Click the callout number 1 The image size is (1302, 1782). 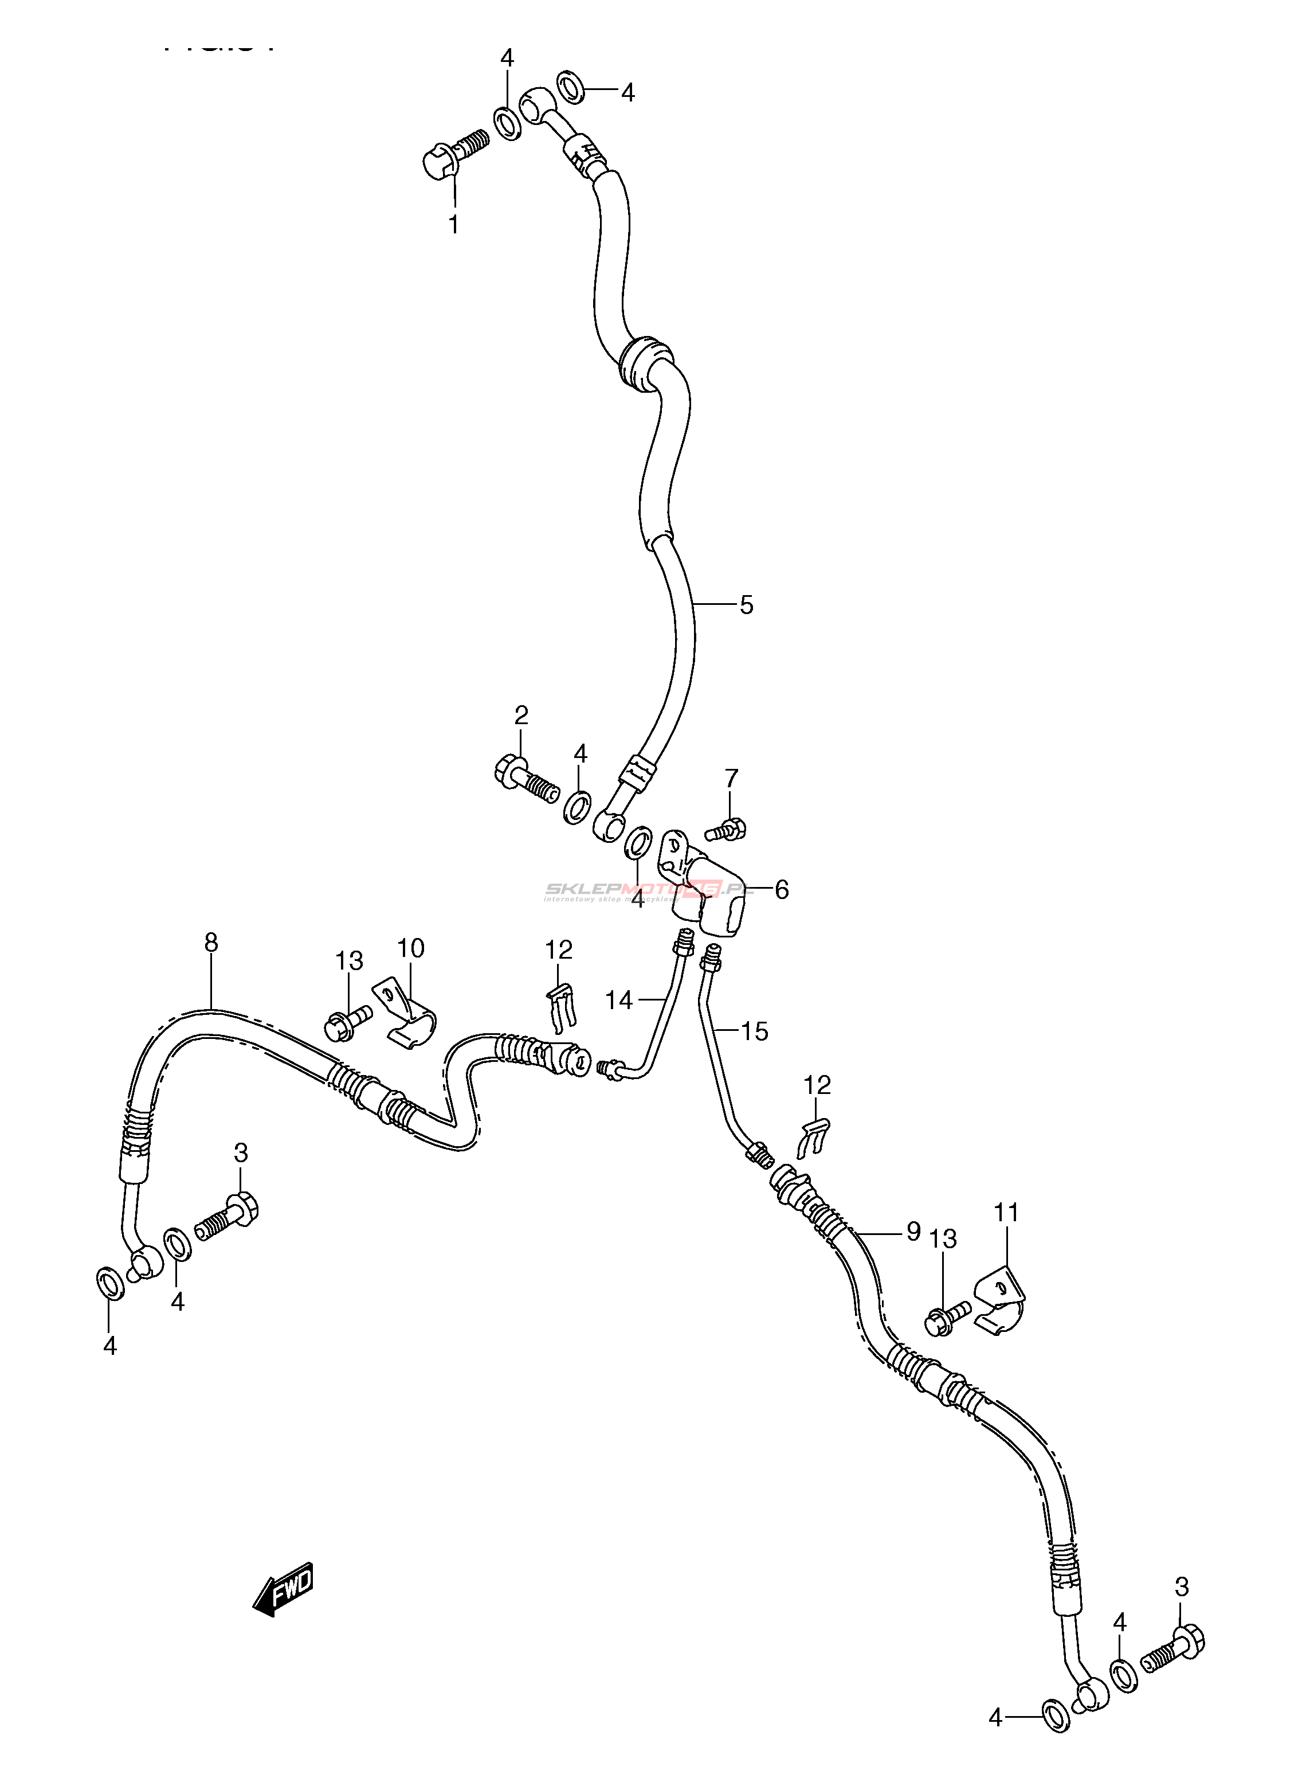(453, 225)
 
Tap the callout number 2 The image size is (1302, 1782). (521, 716)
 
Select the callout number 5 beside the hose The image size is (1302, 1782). (746, 605)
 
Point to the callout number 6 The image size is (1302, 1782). (781, 890)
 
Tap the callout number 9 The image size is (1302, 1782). (913, 1232)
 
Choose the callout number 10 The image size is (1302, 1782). (411, 948)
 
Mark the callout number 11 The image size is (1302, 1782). (1006, 1213)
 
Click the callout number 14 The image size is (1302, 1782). (619, 1001)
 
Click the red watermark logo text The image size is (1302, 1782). (646, 891)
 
